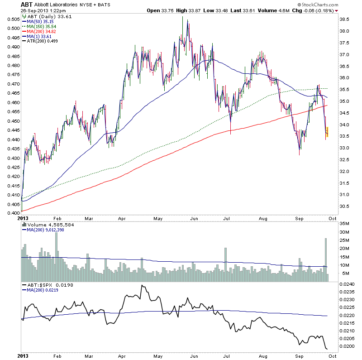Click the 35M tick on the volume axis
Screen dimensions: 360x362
pos(346,223)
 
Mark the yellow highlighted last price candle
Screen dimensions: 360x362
pos(327,132)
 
